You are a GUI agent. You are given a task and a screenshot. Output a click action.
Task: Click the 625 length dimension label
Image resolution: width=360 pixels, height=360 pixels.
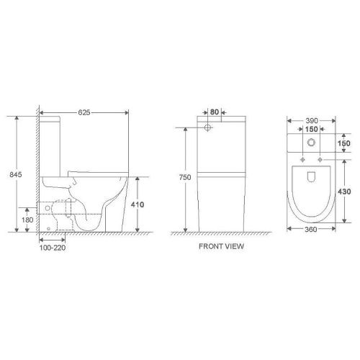84,112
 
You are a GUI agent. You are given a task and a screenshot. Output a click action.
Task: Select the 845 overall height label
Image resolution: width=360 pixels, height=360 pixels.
16,174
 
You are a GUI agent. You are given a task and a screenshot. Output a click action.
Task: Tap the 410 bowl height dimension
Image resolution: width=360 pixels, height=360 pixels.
138,204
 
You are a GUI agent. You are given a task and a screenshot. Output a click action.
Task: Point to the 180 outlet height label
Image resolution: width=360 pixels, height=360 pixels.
27,220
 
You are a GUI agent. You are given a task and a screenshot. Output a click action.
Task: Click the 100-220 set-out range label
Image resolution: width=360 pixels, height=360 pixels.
53,248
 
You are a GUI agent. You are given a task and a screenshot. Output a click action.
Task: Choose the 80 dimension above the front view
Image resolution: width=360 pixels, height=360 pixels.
215,112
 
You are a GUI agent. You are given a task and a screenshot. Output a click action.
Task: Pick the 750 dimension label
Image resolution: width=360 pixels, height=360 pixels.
185,177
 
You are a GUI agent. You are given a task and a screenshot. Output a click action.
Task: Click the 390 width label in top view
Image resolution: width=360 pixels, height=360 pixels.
312,121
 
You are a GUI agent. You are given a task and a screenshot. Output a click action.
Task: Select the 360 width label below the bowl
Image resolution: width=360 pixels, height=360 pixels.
311,229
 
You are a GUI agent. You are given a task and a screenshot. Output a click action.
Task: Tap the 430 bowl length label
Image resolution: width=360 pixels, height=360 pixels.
344,192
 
